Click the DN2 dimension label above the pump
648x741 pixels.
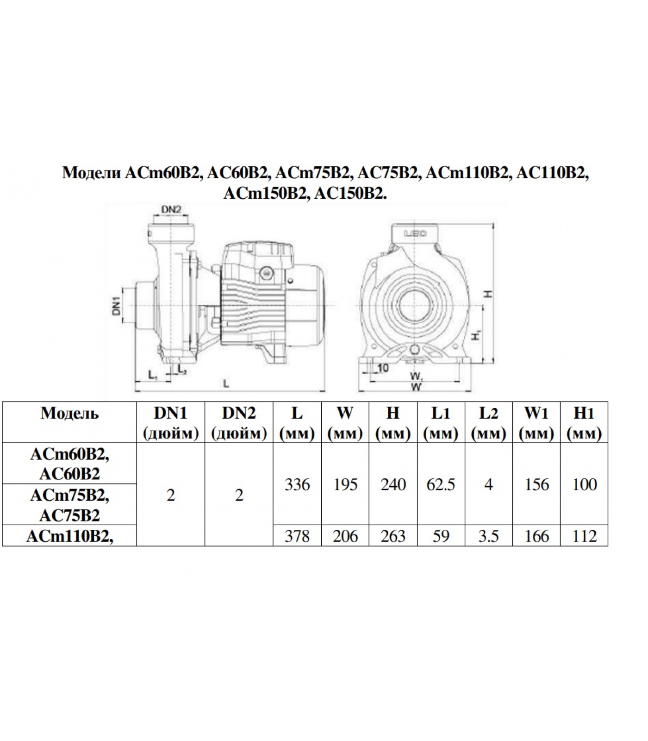[171, 209]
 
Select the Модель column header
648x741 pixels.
[69, 413]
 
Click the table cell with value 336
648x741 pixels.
[297, 484]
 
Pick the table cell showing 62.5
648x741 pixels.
[441, 484]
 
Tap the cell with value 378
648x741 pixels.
[297, 536]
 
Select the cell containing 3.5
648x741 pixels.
[488, 536]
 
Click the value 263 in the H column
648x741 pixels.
[393, 536]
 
